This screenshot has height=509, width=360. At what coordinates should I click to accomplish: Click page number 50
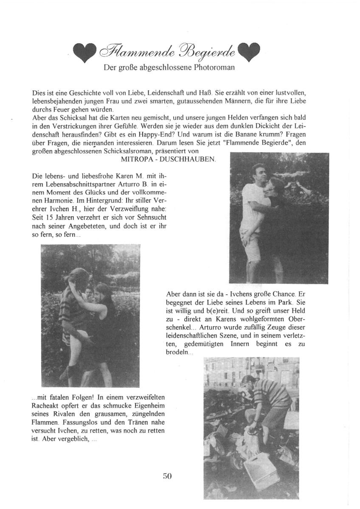click(167, 476)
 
